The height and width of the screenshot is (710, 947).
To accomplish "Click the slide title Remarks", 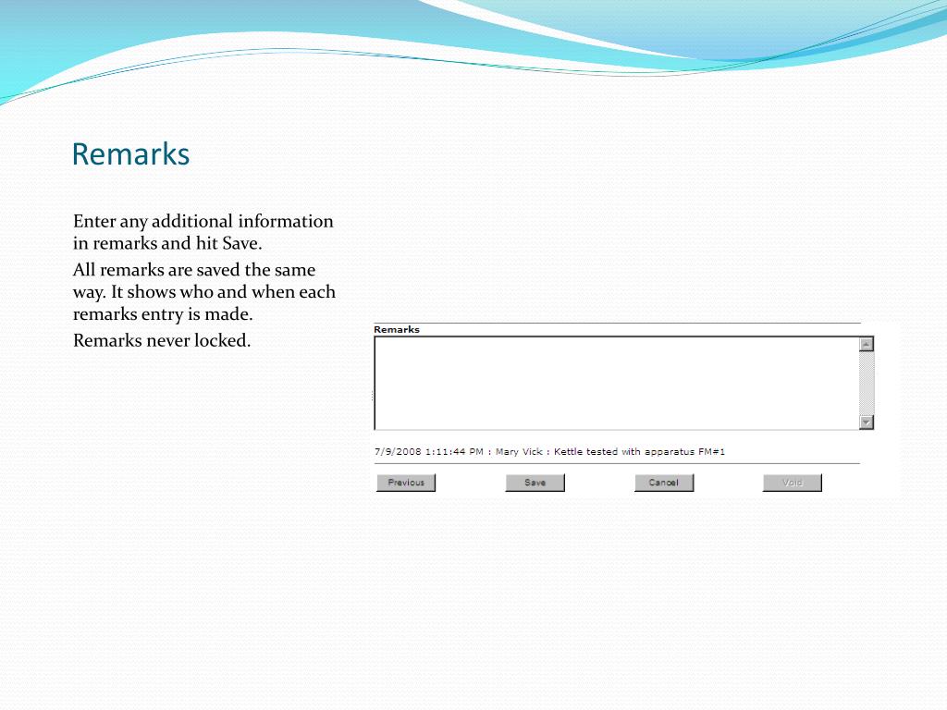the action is [130, 154].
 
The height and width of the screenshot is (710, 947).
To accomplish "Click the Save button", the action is [535, 483].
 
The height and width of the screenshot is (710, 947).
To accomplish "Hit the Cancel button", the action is [664, 483].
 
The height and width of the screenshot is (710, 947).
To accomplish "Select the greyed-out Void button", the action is [792, 483].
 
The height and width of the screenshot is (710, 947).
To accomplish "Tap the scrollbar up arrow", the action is [867, 344].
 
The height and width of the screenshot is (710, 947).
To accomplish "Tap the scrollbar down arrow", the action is [867, 422].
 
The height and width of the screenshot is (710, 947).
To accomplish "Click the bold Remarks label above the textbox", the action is [396, 330].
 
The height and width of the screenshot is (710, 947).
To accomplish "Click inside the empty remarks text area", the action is [616, 383].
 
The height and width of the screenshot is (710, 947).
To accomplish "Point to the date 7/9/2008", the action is [398, 451].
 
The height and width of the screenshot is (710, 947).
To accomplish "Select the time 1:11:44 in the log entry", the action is [446, 451].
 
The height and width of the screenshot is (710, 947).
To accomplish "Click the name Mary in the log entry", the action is [507, 452].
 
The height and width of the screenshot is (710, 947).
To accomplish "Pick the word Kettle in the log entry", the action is [568, 451].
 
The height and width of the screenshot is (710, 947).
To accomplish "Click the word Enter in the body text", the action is [94, 221].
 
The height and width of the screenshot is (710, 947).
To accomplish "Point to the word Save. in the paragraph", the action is [242, 243].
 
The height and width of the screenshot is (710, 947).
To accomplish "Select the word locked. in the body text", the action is [222, 340].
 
